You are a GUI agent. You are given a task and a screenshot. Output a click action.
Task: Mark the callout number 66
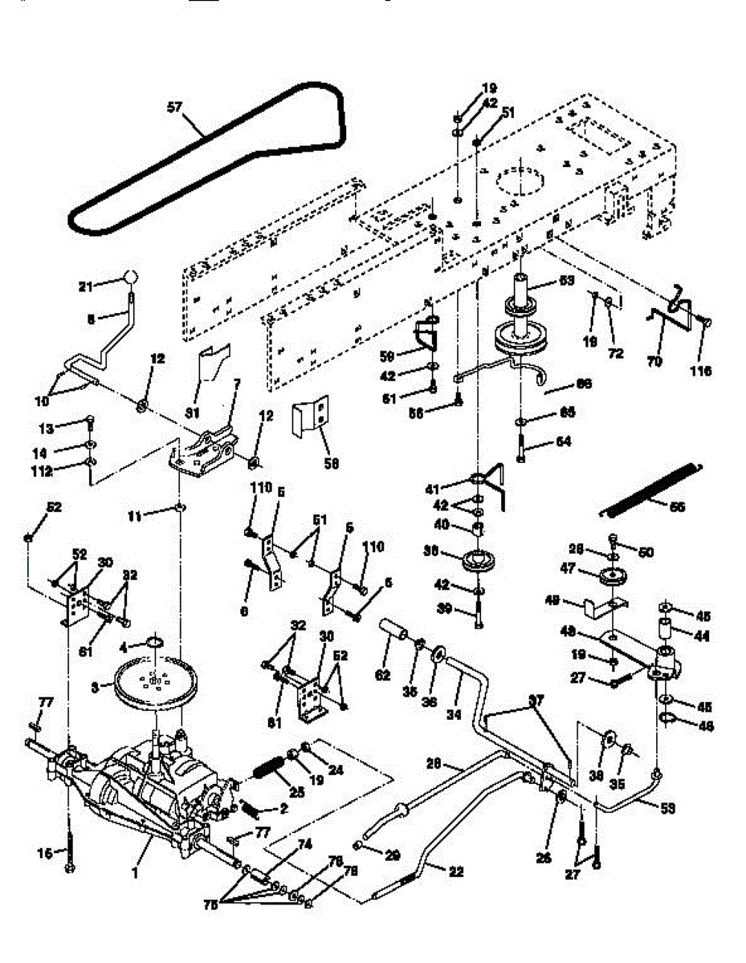[x=584, y=384]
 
